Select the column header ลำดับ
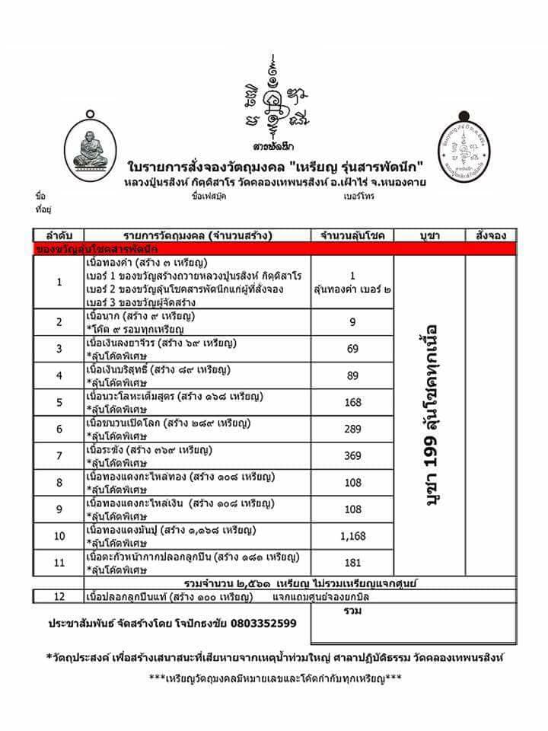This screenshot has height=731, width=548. pos(59,235)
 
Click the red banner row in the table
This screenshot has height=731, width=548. pos(275,248)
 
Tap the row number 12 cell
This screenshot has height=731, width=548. pos(59,595)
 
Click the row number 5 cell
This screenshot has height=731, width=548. pos(59,402)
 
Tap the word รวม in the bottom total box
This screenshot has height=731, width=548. pos(352,611)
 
